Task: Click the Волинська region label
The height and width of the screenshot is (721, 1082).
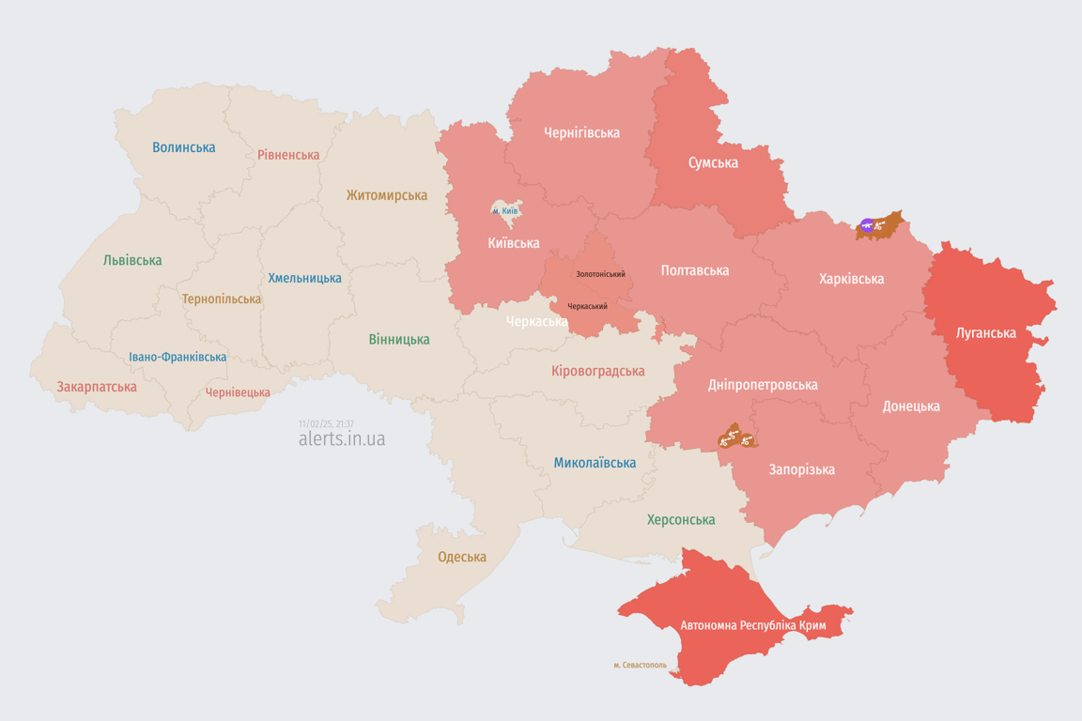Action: [183, 147]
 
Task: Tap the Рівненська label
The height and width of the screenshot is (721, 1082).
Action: [288, 155]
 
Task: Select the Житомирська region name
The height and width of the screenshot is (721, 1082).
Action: [386, 195]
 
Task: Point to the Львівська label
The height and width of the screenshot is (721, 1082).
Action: [132, 260]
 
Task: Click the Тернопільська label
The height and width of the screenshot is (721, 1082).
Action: [222, 299]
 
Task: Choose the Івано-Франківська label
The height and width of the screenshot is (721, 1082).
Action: [178, 357]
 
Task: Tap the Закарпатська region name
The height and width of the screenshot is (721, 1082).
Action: [96, 387]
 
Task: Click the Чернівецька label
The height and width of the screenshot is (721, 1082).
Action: [238, 392]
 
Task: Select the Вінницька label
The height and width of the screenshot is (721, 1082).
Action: [399, 339]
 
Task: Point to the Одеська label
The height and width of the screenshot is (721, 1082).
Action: [462, 557]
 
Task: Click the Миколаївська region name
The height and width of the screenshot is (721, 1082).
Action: [595, 463]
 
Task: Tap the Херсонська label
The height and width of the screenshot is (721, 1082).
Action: [681, 519]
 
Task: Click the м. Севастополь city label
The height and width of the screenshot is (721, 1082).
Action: [640, 666]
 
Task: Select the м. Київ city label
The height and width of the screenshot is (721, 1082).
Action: [504, 211]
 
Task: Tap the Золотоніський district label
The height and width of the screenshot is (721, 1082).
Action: [600, 274]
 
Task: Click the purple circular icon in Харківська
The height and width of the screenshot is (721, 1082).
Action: [867, 225]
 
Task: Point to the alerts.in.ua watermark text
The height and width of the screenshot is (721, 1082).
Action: [341, 439]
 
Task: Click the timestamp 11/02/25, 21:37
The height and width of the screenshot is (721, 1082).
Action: [326, 424]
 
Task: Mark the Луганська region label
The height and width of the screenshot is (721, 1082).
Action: [985, 332]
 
